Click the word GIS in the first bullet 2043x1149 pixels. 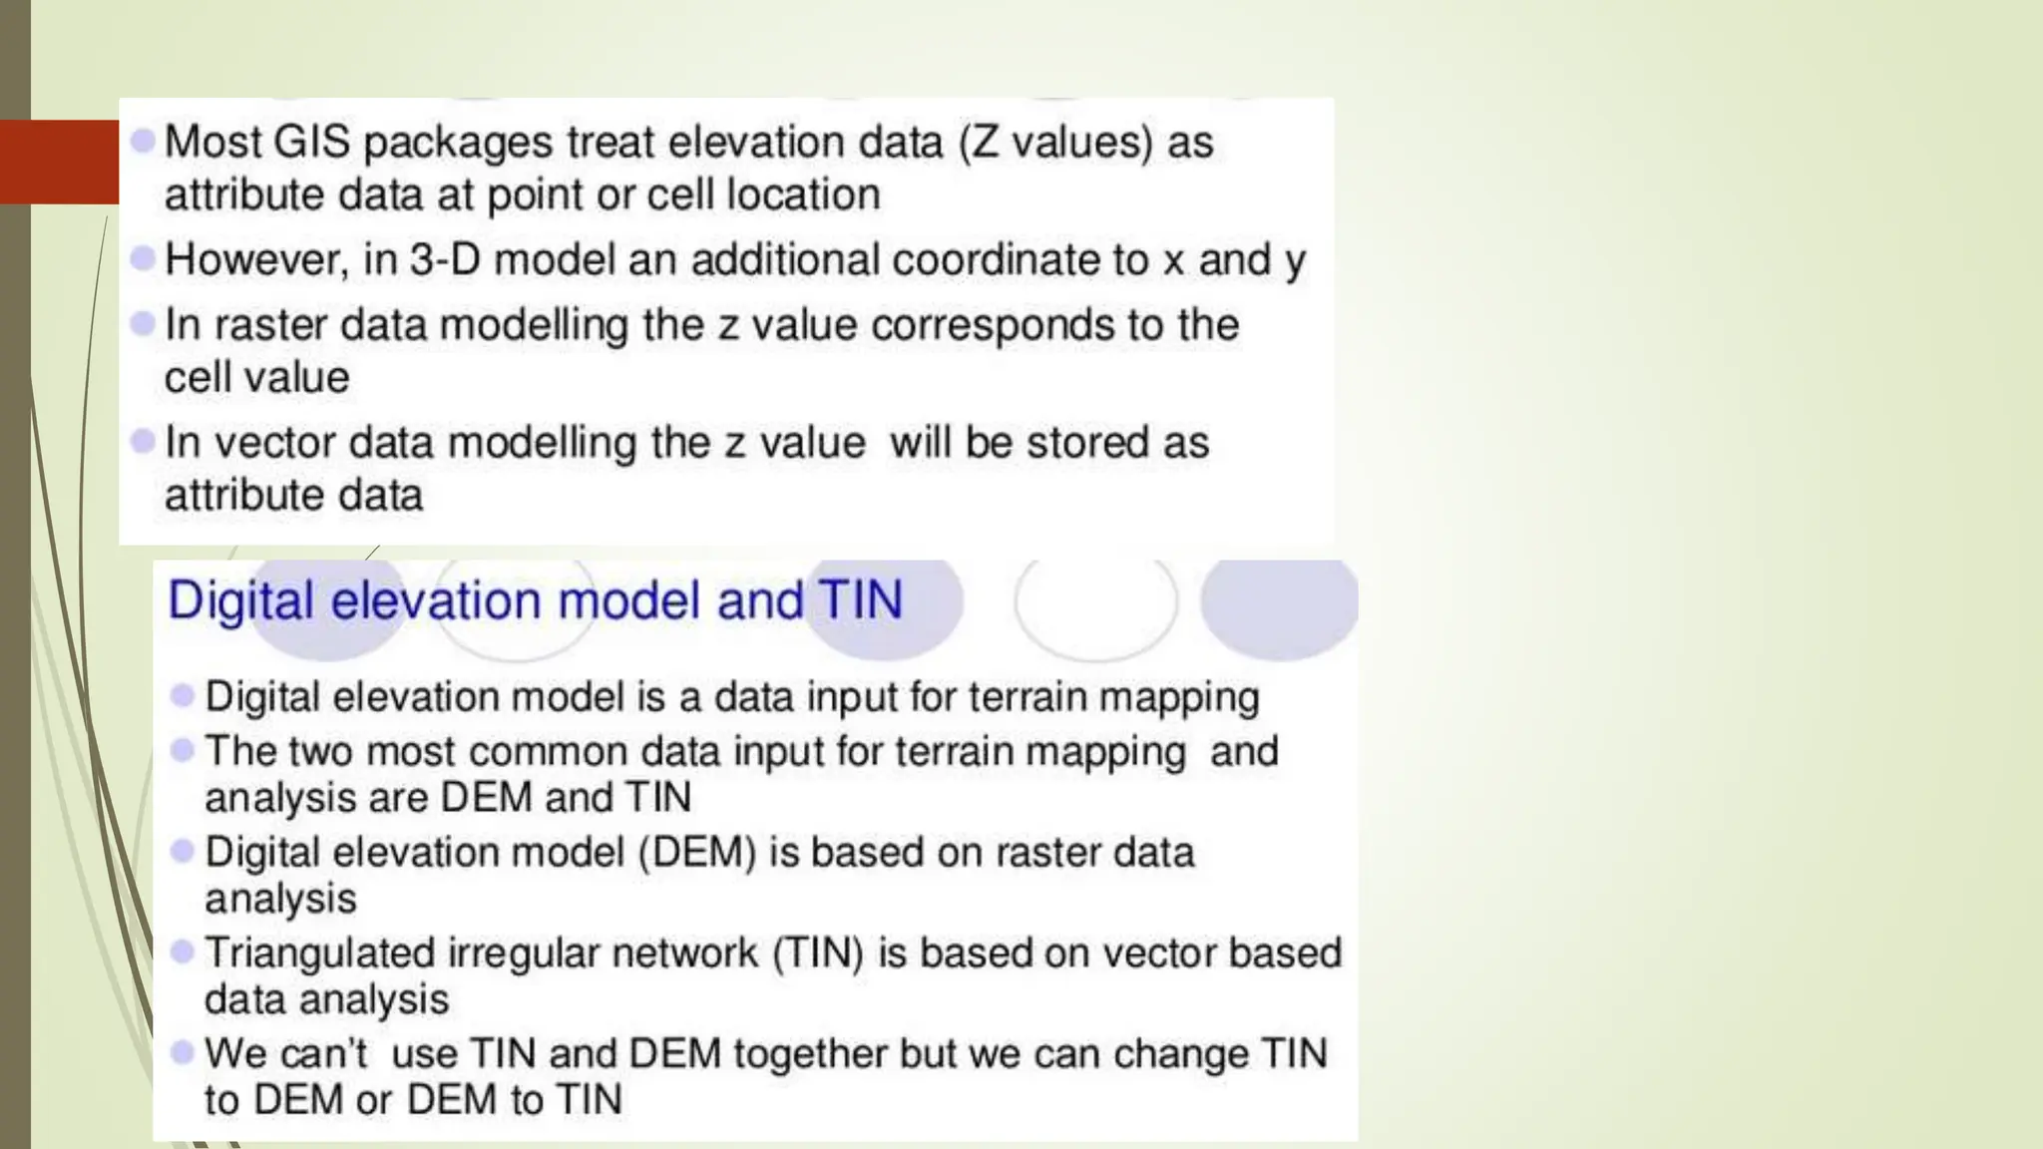pos(311,142)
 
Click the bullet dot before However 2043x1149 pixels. pos(143,258)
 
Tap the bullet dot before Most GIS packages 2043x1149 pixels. pos(143,141)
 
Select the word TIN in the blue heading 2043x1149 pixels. pos(860,600)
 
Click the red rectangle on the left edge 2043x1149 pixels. pos(59,162)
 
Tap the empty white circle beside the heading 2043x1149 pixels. pos(1095,604)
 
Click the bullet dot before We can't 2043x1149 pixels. pos(182,1052)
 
